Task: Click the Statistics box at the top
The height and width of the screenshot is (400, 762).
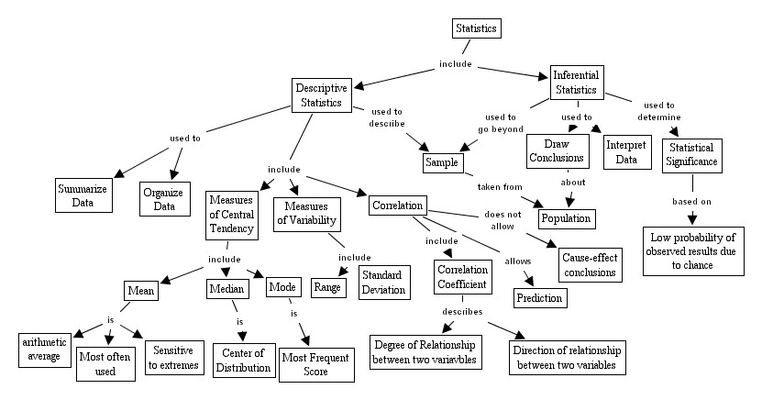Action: click(x=477, y=28)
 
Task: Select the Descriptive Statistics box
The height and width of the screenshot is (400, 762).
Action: click(x=320, y=94)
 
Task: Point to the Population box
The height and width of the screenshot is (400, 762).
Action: click(x=566, y=218)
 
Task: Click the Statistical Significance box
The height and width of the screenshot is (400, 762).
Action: click(x=694, y=155)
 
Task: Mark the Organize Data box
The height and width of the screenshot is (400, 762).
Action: click(x=165, y=201)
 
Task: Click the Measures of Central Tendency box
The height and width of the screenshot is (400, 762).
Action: click(x=230, y=215)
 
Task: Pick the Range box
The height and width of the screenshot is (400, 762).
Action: click(x=327, y=287)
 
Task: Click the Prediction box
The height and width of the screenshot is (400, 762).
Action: click(x=539, y=298)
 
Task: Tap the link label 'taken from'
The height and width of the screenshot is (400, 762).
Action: click(x=500, y=187)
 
